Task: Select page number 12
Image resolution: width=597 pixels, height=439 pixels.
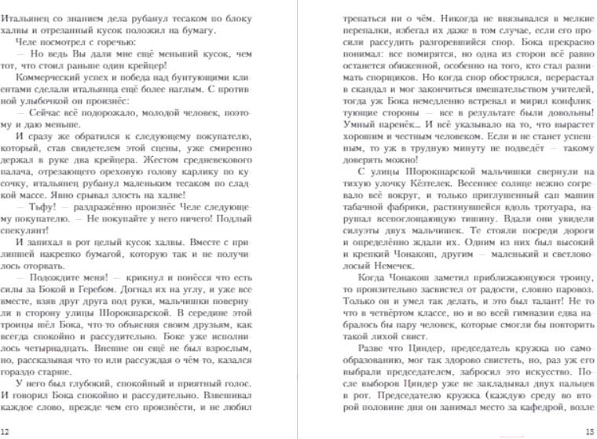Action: click(6, 431)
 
